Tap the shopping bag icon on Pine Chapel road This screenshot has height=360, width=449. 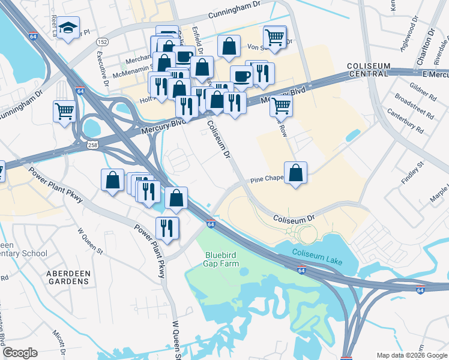click(x=296, y=172)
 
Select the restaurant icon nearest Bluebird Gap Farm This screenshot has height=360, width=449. click(x=167, y=228)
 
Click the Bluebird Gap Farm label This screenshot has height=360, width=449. click(x=221, y=259)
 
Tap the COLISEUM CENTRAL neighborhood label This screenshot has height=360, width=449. click(x=368, y=70)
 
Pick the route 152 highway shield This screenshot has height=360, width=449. click(x=103, y=41)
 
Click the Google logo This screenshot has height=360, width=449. click(x=20, y=353)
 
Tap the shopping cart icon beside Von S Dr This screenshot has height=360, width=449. click(x=275, y=37)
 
